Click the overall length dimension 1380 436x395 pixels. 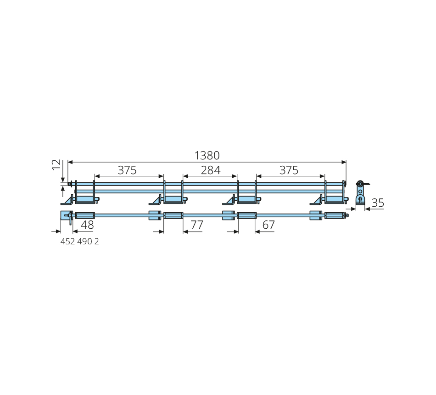pyautogui.click(x=207, y=156)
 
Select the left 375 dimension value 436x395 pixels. pyautogui.click(x=127, y=170)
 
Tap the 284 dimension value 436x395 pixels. pyautogui.click(x=211, y=170)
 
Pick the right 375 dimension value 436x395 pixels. pyautogui.click(x=289, y=170)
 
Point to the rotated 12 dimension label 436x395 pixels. pyautogui.click(x=56, y=164)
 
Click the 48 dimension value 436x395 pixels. pyautogui.click(x=87, y=225)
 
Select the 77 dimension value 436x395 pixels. pyautogui.click(x=197, y=225)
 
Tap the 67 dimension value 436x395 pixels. pyautogui.click(x=268, y=225)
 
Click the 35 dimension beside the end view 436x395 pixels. pyautogui.click(x=378, y=203)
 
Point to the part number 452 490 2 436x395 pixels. pyautogui.click(x=79, y=241)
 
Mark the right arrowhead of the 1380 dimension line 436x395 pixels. pyautogui.click(x=344, y=162)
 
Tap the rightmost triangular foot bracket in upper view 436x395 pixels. pyautogui.click(x=316, y=200)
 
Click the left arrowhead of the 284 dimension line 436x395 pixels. pyautogui.click(x=185, y=176)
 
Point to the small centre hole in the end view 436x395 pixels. pyautogui.click(x=360, y=192)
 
